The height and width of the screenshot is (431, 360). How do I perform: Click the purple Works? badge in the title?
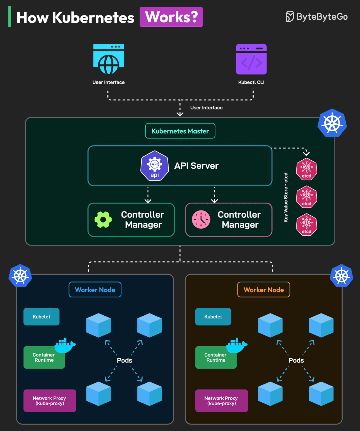tap(171, 17)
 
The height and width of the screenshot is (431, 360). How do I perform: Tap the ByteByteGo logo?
tap(317, 17)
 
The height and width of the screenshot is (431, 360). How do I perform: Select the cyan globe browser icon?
tap(109, 59)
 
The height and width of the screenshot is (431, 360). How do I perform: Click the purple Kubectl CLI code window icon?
tap(251, 59)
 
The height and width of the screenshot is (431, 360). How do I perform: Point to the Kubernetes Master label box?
tap(180, 131)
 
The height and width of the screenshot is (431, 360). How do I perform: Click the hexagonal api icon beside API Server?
tap(155, 166)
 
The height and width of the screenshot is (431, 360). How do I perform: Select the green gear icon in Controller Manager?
tap(103, 220)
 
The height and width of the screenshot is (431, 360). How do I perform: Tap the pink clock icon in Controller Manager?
tap(201, 219)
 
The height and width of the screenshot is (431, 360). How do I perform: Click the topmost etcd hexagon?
tap(306, 169)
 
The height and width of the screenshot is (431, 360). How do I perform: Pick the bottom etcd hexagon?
tap(306, 224)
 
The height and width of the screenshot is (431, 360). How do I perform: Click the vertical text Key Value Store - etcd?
tap(286, 198)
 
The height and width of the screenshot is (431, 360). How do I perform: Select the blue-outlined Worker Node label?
tap(95, 290)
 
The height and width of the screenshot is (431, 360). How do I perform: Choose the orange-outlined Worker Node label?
tap(263, 290)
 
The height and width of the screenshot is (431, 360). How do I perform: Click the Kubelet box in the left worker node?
tap(42, 317)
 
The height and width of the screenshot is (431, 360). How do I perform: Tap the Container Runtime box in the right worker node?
tap(215, 357)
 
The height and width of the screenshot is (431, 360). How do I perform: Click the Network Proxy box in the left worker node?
tap(50, 401)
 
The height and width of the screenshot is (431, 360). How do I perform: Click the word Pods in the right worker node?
tap(296, 360)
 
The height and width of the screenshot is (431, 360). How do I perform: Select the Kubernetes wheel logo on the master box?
tap(332, 123)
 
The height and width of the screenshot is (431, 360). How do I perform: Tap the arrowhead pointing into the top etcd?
tap(306, 153)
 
